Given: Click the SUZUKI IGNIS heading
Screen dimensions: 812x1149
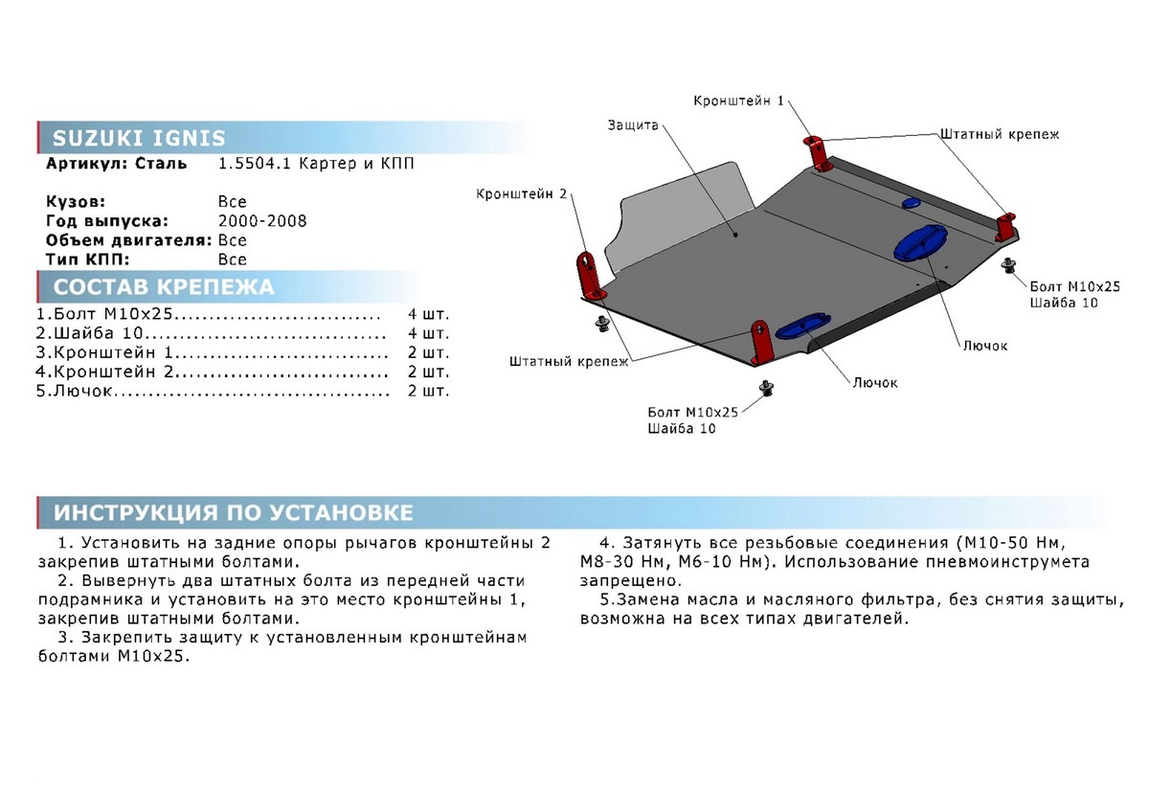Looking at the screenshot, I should coord(139,137).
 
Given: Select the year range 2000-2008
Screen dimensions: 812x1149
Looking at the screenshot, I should coord(262,221).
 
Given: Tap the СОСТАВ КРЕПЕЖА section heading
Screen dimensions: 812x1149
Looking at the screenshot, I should coord(163,287).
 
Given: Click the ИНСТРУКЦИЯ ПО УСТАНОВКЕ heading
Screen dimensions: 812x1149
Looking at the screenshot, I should coord(234,512).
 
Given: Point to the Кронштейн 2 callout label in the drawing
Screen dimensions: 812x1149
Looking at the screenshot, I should coord(522,193).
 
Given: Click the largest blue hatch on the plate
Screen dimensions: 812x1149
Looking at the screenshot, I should coord(920,242).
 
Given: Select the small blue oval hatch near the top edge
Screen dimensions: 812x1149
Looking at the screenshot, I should coord(909,202).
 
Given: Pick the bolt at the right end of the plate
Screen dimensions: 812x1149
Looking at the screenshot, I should coord(1006,265).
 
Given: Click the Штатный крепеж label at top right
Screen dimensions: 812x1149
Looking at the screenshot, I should coord(985,135).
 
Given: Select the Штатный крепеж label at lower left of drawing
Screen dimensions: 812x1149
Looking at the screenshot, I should coord(569,362).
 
